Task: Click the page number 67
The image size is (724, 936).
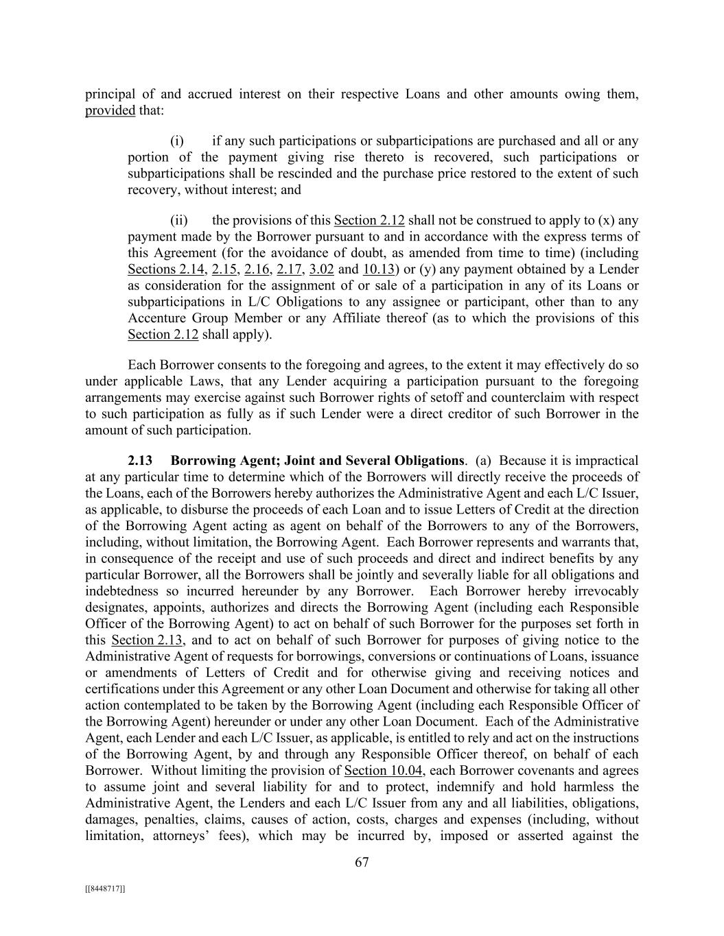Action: (362, 863)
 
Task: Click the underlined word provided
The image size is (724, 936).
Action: (110, 110)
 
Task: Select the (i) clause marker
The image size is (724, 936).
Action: (177, 141)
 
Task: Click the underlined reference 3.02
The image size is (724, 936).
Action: (322, 269)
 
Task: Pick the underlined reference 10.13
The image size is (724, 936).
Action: (378, 269)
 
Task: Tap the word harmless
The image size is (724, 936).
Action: (614, 787)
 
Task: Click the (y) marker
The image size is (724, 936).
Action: (423, 269)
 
